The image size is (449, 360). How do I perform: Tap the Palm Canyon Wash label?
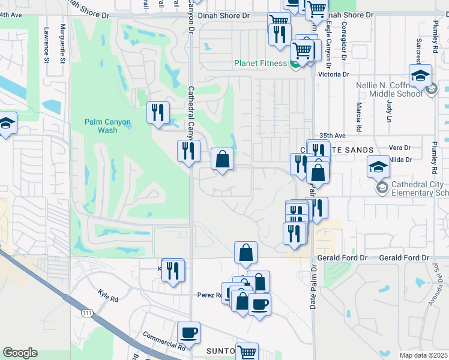[107, 125]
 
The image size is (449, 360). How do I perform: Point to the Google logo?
[20, 353]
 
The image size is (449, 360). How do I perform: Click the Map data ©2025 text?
[424, 355]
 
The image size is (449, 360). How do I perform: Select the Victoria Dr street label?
[334, 74]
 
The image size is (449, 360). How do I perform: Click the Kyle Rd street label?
[107, 295]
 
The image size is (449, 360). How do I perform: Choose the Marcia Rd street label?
[358, 117]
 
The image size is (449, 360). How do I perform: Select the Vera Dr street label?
[400, 148]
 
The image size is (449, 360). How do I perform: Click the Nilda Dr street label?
[400, 160]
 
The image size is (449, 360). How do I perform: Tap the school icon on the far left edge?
[6, 124]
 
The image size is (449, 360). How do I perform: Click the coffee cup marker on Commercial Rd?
[188, 333]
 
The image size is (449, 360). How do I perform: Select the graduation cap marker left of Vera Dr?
[379, 166]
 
